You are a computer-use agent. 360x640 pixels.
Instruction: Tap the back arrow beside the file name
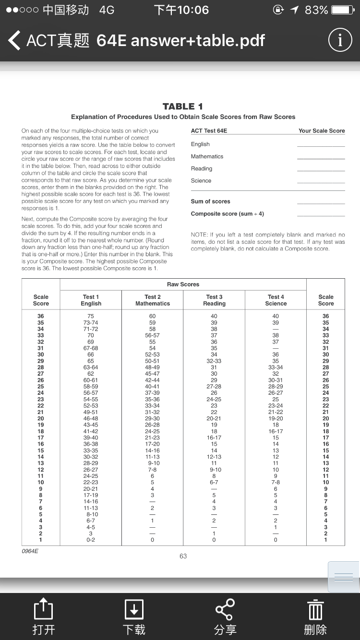[14, 41]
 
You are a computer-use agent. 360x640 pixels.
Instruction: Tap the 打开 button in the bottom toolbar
[43, 617]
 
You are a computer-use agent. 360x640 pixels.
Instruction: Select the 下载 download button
[133, 617]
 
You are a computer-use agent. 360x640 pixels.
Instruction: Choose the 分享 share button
[225, 617]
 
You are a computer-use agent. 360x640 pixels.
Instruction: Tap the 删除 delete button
[315, 617]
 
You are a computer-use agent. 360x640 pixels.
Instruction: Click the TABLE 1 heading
[183, 107]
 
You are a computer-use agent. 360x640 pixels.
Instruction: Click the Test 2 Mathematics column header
[153, 300]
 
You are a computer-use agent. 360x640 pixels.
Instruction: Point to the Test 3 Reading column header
[214, 300]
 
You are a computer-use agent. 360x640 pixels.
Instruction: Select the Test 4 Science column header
[276, 300]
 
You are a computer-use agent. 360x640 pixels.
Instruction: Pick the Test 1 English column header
[91, 300]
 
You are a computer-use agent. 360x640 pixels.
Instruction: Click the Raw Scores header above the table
[183, 284]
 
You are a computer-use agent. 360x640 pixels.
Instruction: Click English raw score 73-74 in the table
[91, 323]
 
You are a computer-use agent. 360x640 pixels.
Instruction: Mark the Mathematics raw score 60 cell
[153, 316]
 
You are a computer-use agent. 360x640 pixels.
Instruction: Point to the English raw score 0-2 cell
[91, 540]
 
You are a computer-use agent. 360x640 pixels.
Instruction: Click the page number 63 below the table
[183, 556]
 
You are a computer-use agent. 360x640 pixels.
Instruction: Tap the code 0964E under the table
[30, 551]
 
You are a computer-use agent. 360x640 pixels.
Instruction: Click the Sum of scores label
[210, 201]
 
